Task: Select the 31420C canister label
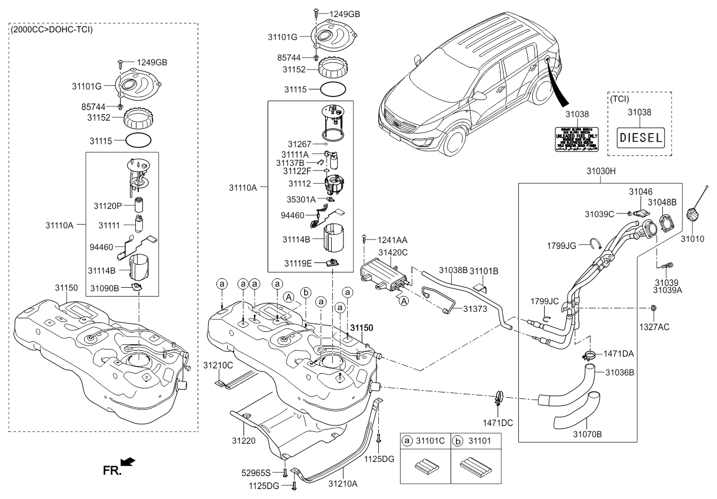pos(392,252)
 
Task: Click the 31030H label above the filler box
pos(600,172)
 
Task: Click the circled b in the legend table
pos(456,440)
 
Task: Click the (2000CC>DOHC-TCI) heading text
pos(52,29)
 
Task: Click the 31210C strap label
pos(218,365)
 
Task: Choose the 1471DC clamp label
pos(498,422)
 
